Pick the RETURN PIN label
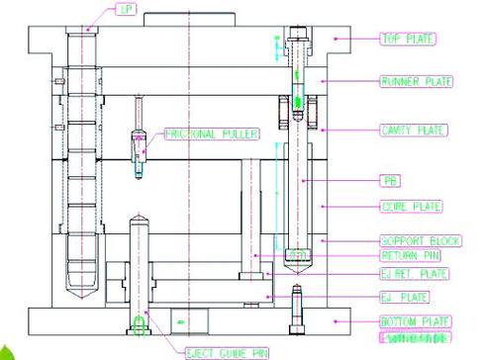[409, 255]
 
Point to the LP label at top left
[126, 10]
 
